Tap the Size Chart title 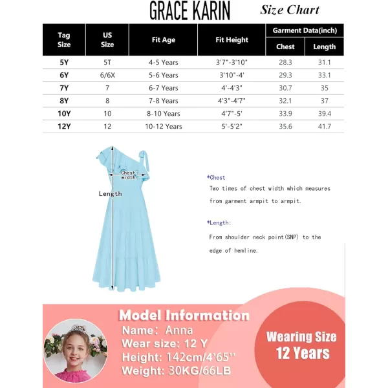coord(290,10)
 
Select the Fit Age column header coord(164,40)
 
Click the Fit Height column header coord(232,40)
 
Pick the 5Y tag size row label coord(64,62)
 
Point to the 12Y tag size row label coord(64,126)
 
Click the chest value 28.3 coord(285,62)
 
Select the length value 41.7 coord(324,126)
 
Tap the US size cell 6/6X coord(107,75)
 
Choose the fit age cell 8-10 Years coord(164,113)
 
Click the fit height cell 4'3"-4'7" coord(232,101)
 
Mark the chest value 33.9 coord(285,113)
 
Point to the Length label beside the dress coord(110,194)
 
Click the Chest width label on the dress coord(128,175)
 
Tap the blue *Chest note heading coord(216,177)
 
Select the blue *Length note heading coord(217,222)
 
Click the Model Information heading coord(184,316)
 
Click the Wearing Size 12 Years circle coord(301,345)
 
